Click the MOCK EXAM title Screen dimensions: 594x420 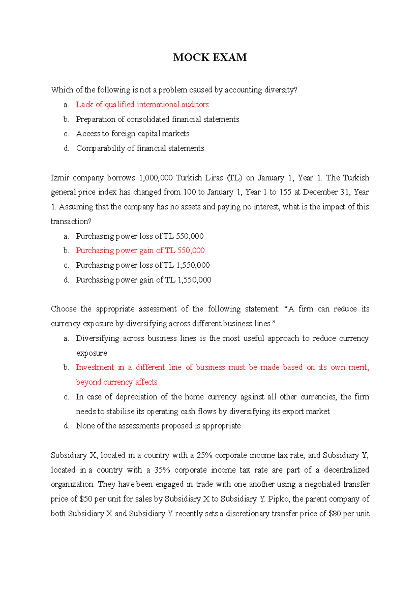pos(210,57)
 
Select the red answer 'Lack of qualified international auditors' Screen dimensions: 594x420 pos(142,105)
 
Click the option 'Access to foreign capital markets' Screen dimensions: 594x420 pos(133,134)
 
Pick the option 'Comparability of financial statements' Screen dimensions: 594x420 pos(140,148)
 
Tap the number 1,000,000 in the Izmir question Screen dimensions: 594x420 pos(155,178)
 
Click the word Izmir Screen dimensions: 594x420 pos(60,178)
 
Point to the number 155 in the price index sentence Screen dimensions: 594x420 pos(285,192)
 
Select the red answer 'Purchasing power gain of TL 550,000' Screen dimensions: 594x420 pos(140,250)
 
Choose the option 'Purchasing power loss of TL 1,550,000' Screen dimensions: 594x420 pos(143,265)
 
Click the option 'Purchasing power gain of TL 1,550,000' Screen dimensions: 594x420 pos(143,280)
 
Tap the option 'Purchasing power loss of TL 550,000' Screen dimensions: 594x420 pos(140,236)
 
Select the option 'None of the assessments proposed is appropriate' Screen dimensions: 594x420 pos(158,426)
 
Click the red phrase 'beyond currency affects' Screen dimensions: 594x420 pos(117,382)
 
